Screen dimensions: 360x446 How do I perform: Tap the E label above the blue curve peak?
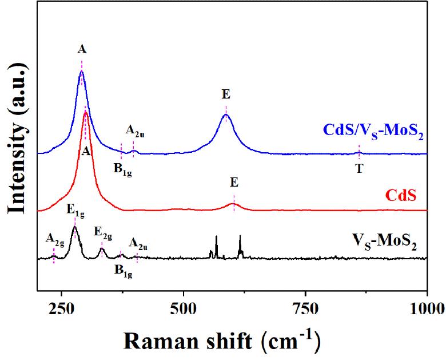pos(226,96)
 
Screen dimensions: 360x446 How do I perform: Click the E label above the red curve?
pos(234,183)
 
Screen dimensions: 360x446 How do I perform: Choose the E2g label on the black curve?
pos(103,233)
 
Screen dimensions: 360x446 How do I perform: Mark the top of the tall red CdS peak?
pos(86,112)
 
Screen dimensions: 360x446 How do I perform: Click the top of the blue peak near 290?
pos(82,71)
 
